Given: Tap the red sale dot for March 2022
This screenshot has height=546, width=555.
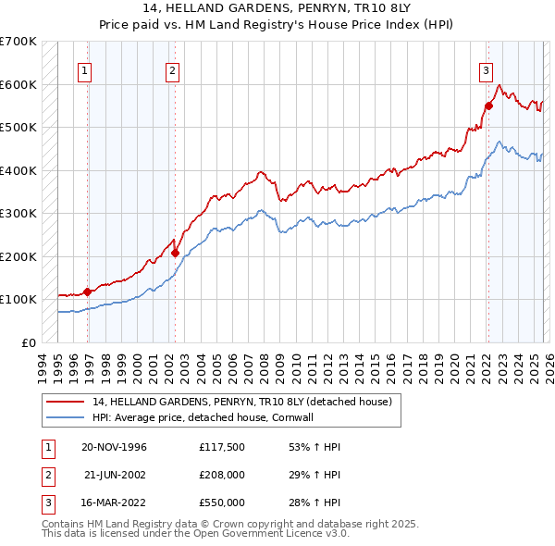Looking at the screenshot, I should click(x=489, y=105).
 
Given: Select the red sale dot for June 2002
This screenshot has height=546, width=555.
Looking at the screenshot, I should click(x=176, y=252).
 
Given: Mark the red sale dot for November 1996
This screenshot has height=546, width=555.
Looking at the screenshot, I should click(x=88, y=292).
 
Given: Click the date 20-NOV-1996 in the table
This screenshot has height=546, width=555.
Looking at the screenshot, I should click(x=115, y=447).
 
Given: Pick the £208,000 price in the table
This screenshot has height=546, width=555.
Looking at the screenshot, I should click(x=221, y=475).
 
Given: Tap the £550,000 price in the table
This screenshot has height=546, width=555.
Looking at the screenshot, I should click(x=221, y=503).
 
